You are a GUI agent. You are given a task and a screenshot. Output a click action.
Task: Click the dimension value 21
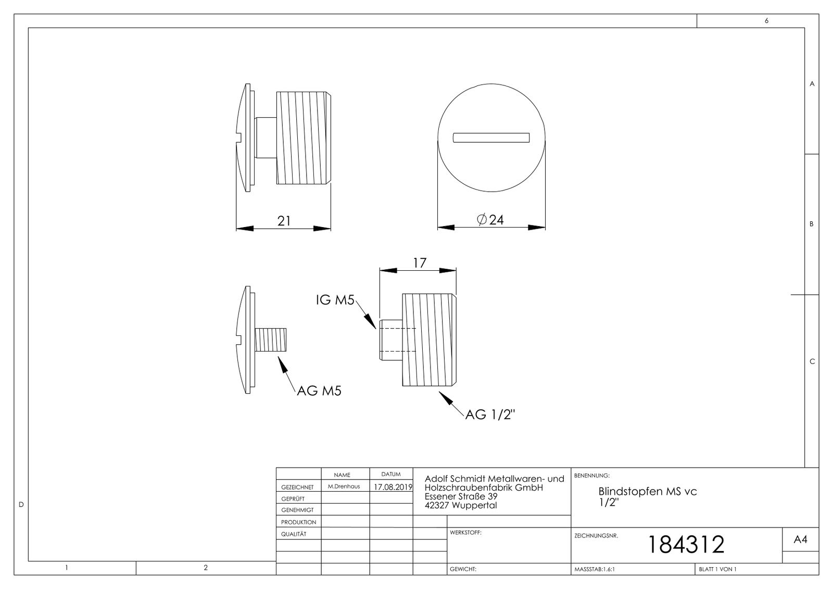pos(284,221)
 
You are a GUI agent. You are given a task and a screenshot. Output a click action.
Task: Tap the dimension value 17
pos(420,263)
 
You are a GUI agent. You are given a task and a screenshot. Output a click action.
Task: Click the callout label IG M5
pos(335,300)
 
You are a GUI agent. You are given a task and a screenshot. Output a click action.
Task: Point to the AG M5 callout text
pos(319,391)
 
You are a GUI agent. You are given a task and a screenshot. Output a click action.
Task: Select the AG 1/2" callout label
pos(490,415)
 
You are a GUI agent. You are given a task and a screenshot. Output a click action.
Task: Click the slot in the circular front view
pos(491,137)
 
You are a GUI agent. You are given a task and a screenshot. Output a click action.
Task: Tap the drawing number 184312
pos(685,545)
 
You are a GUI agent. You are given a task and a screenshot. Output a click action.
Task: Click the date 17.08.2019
pos(393,487)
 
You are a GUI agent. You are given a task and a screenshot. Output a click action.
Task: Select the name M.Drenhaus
pos(344,486)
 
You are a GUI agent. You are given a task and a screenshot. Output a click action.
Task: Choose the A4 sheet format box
pos(800,540)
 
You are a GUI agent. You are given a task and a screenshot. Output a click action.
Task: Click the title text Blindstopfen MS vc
pos(647,491)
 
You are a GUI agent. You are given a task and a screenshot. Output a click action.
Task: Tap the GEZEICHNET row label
pos(297,487)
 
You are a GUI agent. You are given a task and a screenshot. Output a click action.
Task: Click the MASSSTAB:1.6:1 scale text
pos(594,569)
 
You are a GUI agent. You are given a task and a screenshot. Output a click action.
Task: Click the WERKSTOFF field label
pos(465,533)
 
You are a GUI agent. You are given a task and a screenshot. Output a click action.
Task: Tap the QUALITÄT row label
pos(294,534)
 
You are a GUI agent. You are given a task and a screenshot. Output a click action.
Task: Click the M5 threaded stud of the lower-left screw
pos(272,340)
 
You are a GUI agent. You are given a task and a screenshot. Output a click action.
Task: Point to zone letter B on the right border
pos(811,224)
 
